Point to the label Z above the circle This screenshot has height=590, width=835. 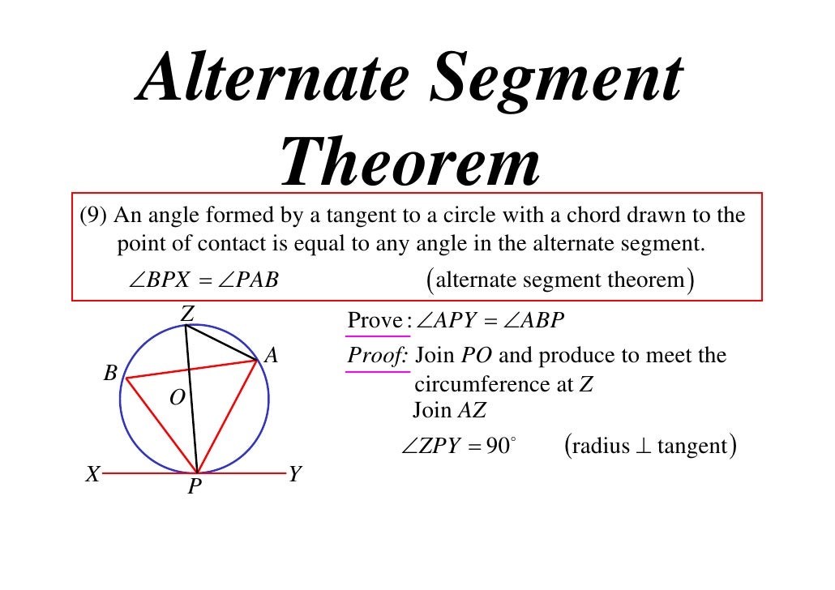pyautogui.click(x=187, y=313)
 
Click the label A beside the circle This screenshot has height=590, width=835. pyautogui.click(x=272, y=354)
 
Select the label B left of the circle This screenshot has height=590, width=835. pyautogui.click(x=110, y=374)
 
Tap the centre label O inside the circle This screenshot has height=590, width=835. pyautogui.click(x=178, y=397)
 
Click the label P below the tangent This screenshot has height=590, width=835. pyautogui.click(x=195, y=487)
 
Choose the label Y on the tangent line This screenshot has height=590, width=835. pyautogui.click(x=294, y=475)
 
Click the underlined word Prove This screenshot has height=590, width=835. pyautogui.click(x=375, y=322)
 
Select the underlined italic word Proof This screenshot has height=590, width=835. pyautogui.click(x=377, y=356)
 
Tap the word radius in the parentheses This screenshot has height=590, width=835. pyautogui.click(x=601, y=447)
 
